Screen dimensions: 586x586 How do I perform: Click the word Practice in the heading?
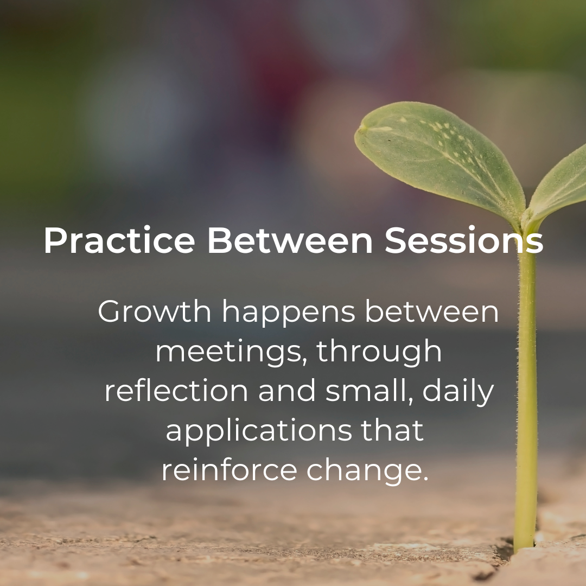click(119, 241)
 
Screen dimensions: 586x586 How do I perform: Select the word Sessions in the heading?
click(464, 241)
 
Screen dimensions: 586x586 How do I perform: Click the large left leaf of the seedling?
click(434, 157)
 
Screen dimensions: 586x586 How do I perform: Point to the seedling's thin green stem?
click(526, 380)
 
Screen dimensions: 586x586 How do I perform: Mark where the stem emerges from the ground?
click(524, 545)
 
